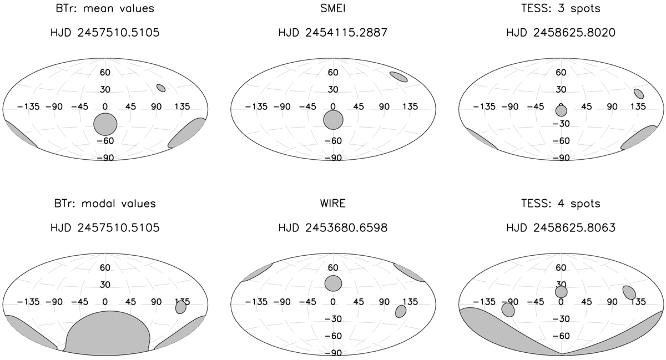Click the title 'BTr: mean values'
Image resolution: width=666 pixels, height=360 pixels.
pyautogui.click(x=105, y=8)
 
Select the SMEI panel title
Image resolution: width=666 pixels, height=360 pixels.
pyautogui.click(x=333, y=8)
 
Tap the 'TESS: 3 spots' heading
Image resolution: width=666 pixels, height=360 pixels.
pyautogui.click(x=561, y=8)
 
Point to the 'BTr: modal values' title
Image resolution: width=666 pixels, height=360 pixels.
pyautogui.click(x=105, y=204)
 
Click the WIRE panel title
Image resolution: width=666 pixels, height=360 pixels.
pyautogui.click(x=333, y=204)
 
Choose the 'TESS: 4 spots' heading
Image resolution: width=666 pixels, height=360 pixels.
pyautogui.click(x=561, y=204)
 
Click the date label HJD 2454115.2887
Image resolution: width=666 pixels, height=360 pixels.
pyautogui.click(x=333, y=32)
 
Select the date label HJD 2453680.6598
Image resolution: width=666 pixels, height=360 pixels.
pyautogui.click(x=333, y=228)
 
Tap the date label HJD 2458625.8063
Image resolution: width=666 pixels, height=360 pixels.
pyautogui.click(x=561, y=228)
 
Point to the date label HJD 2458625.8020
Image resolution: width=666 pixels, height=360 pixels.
pyautogui.click(x=561, y=32)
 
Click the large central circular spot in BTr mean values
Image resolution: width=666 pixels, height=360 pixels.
pyautogui.click(x=105, y=124)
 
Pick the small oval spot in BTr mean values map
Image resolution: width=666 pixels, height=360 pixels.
pyautogui.click(x=161, y=88)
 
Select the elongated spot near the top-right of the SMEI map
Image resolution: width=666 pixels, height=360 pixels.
pyautogui.click(x=398, y=77)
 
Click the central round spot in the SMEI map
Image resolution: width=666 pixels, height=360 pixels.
pyautogui.click(x=334, y=120)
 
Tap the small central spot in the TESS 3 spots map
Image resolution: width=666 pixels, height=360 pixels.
pyautogui.click(x=561, y=111)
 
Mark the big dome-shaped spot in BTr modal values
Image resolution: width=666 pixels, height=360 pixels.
pyautogui.click(x=108, y=332)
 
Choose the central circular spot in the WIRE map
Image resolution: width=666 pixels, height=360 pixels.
pyautogui.click(x=334, y=283)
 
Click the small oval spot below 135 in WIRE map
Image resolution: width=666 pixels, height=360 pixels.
pyautogui.click(x=401, y=311)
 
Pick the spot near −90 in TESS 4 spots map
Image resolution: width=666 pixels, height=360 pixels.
pyautogui.click(x=508, y=310)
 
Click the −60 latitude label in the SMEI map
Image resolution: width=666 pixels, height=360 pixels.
pyautogui.click(x=333, y=140)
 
